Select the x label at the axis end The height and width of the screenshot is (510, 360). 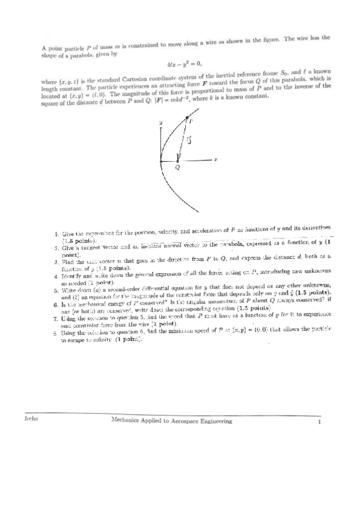click(215, 159)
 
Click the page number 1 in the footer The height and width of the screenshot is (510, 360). click(321, 422)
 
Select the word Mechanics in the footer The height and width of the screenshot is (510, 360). click(126, 422)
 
